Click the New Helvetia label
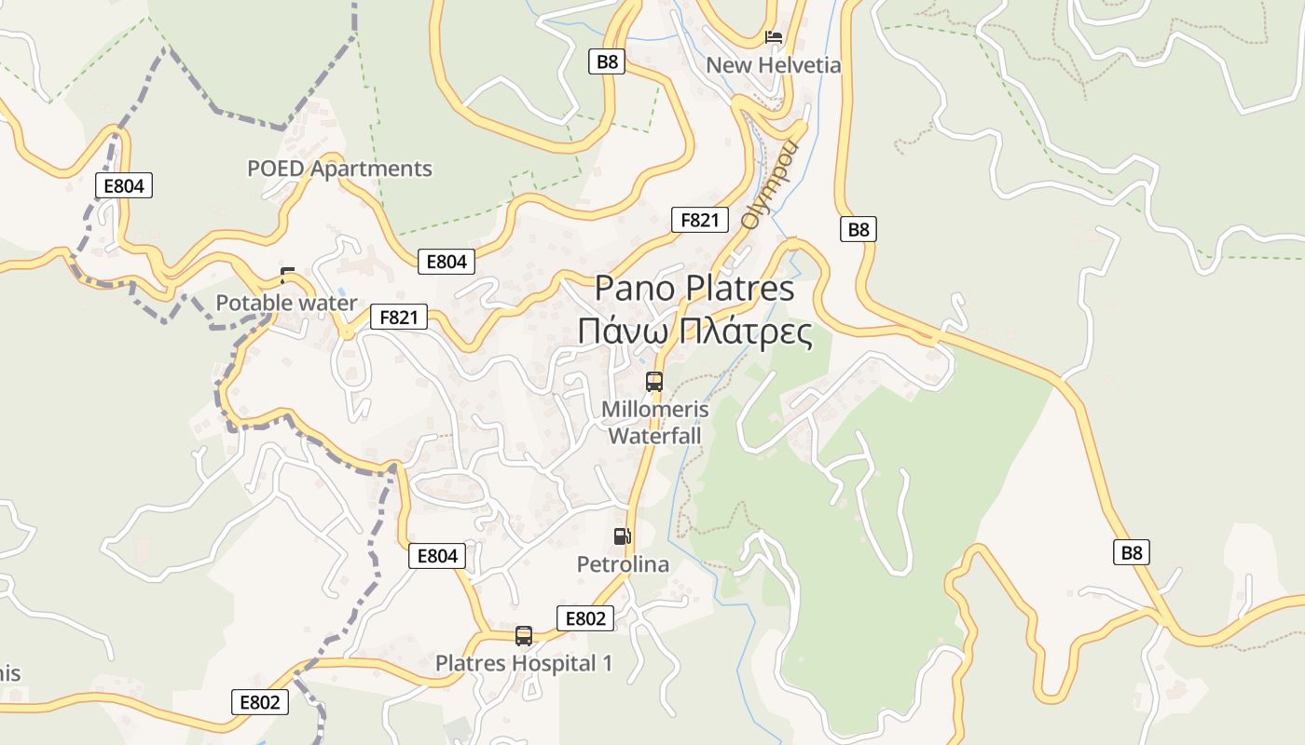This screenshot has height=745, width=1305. (x=773, y=65)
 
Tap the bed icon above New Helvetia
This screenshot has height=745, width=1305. (x=773, y=37)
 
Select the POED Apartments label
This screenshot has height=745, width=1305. (x=339, y=169)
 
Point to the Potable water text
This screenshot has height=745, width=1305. (x=286, y=303)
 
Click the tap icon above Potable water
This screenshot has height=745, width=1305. (x=287, y=275)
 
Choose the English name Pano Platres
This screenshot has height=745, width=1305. (x=694, y=288)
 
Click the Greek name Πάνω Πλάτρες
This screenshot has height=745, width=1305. (x=694, y=332)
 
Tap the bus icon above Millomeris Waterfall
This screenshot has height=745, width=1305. (x=654, y=381)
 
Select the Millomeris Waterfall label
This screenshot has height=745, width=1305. (x=654, y=422)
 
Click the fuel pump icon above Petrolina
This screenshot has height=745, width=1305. (x=622, y=535)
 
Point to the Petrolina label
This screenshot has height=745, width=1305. (x=623, y=564)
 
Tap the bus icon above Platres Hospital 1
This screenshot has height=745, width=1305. (x=524, y=636)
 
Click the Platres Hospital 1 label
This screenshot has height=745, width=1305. (x=524, y=663)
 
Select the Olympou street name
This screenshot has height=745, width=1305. (x=771, y=184)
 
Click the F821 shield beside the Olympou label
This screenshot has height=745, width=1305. (x=700, y=220)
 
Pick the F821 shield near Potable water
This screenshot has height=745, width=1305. (x=399, y=317)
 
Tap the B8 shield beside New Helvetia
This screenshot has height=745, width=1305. (x=607, y=61)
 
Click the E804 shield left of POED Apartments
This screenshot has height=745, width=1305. (x=124, y=185)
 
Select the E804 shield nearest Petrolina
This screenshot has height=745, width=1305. (x=436, y=556)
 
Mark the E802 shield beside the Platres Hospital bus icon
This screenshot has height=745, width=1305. (x=585, y=617)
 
